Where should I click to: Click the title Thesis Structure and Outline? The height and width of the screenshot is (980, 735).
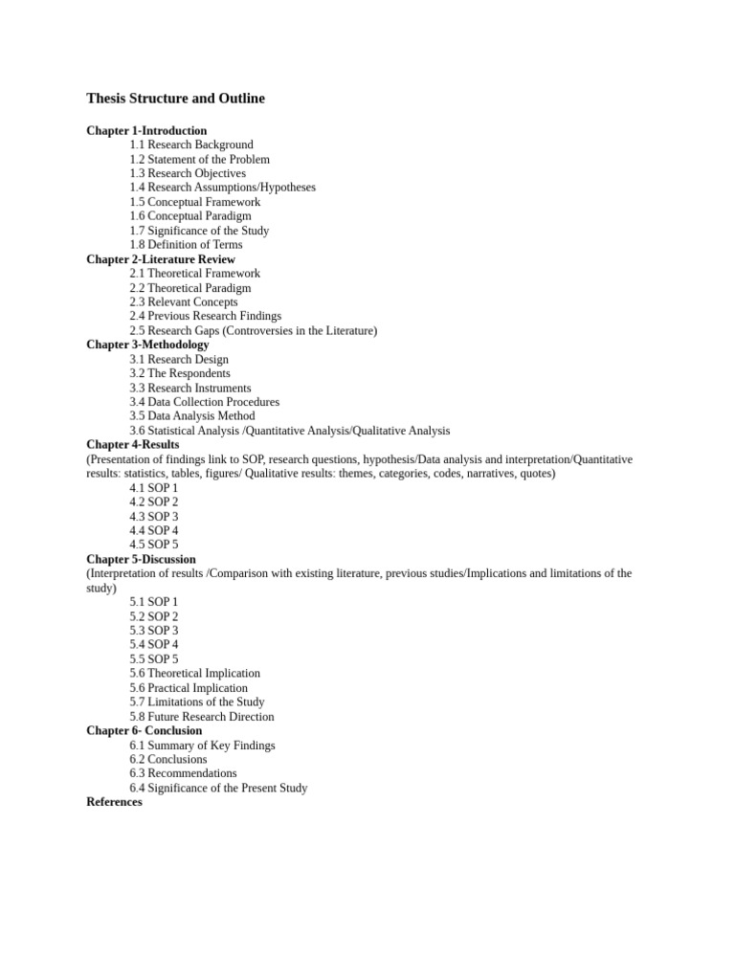175,99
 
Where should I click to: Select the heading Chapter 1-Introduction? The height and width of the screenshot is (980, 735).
146,130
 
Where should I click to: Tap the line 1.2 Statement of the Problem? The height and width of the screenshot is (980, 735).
200,159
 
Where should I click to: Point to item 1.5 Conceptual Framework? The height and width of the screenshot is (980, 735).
195,202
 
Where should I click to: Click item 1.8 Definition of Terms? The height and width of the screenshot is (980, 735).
187,244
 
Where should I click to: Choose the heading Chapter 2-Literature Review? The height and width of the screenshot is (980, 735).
161,259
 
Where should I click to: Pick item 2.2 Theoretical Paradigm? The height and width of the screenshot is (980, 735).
190,287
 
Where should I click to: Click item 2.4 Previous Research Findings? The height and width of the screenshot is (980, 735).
206,316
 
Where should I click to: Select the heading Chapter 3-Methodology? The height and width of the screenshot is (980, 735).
147,345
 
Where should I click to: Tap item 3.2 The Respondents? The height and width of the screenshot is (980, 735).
180,373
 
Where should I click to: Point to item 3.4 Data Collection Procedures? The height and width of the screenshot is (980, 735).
205,402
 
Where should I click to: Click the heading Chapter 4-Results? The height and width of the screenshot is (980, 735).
133,444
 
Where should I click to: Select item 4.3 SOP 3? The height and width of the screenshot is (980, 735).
154,516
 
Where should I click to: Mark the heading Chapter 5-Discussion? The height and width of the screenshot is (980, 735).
141,559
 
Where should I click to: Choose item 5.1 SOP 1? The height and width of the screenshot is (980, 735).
154,602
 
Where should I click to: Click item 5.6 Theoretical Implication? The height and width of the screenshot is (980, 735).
195,673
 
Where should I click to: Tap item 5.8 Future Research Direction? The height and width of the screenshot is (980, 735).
202,716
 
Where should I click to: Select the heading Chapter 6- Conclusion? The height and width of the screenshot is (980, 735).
145,730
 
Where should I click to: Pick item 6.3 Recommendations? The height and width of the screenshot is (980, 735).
184,773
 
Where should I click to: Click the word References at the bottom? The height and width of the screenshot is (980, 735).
114,802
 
